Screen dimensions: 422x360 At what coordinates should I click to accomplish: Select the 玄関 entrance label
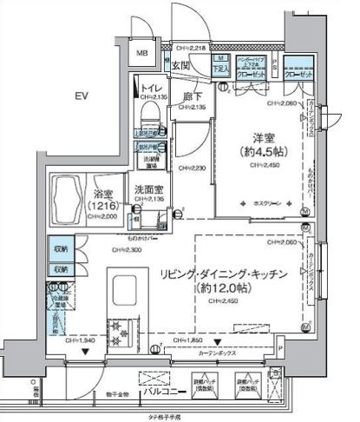pos(180,65)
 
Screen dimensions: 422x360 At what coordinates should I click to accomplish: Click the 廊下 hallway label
pos(193,98)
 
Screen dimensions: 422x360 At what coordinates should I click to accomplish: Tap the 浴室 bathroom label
pos(97,195)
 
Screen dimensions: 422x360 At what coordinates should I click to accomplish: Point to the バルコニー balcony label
pos(187,392)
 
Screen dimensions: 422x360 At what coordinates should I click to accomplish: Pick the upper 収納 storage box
pos(60,248)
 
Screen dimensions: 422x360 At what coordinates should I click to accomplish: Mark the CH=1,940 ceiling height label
pos(84,341)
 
